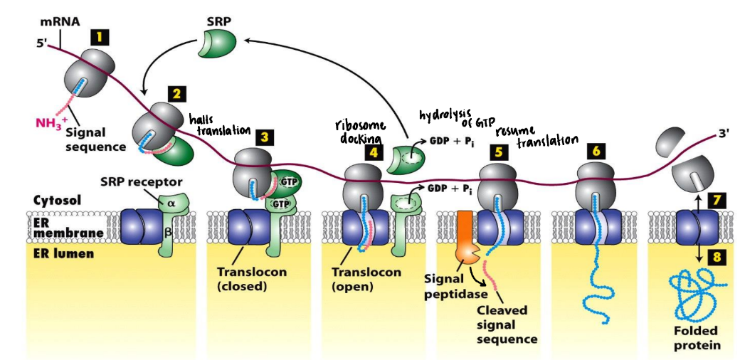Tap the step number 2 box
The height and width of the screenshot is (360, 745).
pos(176,93)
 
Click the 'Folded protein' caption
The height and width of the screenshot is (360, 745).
pos(696,339)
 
